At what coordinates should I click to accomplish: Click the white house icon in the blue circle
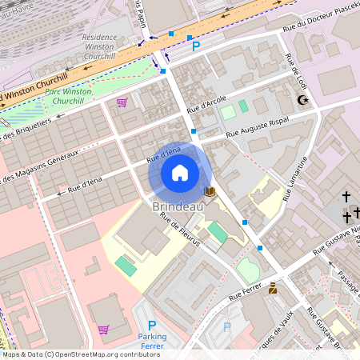click(180, 173)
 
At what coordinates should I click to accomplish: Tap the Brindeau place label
click(177, 206)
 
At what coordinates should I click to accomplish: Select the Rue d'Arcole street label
click(206, 104)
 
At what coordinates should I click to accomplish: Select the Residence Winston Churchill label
click(99, 47)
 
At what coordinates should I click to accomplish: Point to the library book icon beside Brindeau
click(210, 192)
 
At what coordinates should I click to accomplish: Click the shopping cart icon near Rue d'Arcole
click(122, 102)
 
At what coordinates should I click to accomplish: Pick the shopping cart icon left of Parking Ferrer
click(103, 329)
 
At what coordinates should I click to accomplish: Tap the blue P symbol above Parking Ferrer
click(151, 325)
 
